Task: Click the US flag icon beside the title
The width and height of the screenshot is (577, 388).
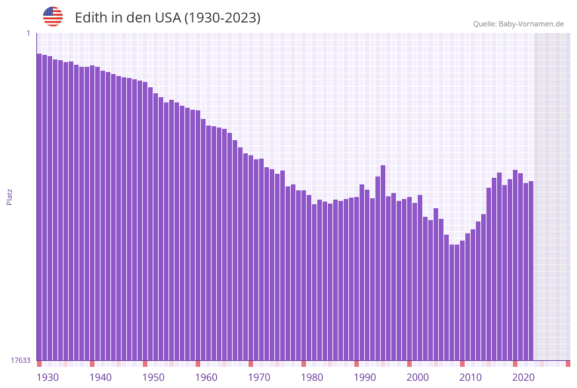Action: (x=53, y=17)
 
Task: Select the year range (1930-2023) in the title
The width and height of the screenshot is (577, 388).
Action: (x=222, y=18)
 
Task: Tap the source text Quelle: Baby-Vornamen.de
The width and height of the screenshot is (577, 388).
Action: (x=518, y=24)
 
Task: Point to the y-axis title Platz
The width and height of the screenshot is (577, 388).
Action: (x=10, y=196)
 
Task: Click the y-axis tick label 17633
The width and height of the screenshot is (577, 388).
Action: (x=20, y=360)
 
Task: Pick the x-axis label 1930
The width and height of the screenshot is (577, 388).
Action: (x=48, y=377)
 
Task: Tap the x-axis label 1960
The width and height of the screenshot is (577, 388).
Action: (x=206, y=377)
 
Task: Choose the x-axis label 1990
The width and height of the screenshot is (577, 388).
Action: (x=365, y=377)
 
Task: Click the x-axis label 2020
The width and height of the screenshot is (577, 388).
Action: (x=523, y=377)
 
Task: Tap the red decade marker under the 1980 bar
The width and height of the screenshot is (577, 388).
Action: (x=303, y=364)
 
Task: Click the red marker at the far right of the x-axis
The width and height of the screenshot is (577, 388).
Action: (x=568, y=364)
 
